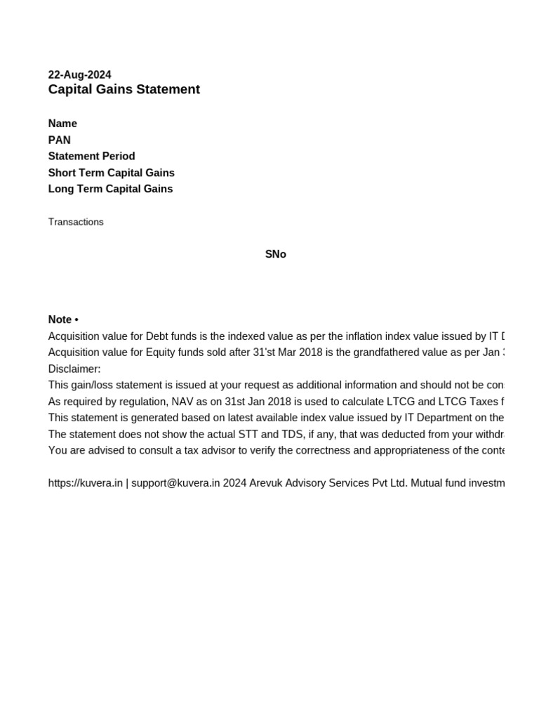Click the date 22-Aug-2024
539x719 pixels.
coord(79,74)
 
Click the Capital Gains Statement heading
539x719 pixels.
coord(124,89)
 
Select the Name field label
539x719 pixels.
coord(62,124)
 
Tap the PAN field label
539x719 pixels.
coord(59,140)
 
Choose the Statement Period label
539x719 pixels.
coord(91,156)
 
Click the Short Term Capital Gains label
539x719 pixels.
coord(111,173)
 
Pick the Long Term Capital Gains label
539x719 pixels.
coord(110,189)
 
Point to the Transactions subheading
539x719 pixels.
coord(76,222)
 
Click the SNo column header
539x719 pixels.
coord(275,254)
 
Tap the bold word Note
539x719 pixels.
coord(60,319)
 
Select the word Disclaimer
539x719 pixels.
coord(74,369)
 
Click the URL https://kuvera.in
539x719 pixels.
coord(85,483)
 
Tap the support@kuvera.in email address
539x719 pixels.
coord(175,483)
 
